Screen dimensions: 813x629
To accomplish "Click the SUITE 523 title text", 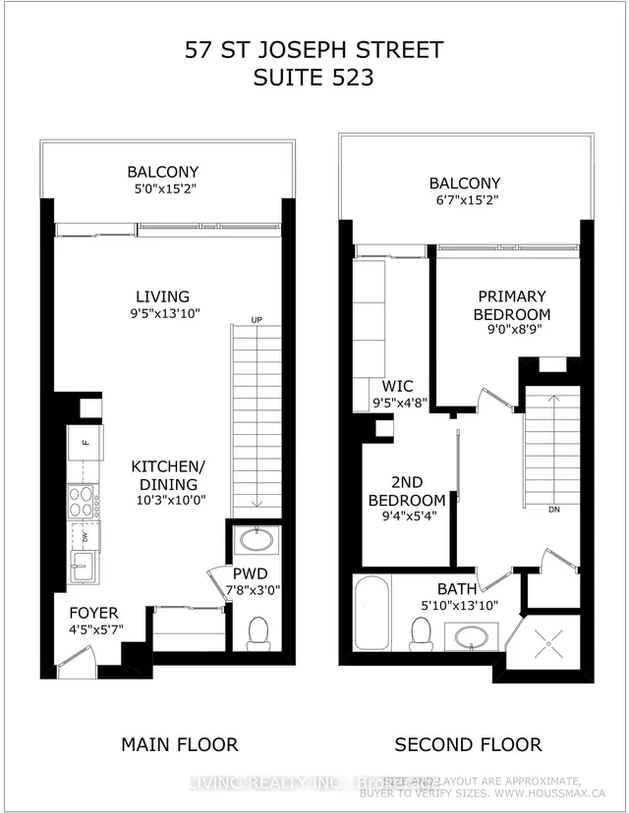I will pyautogui.click(x=314, y=79).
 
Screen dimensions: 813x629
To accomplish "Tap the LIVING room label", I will pyautogui.click(x=163, y=297).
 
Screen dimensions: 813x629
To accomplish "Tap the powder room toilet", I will pyautogui.click(x=258, y=632).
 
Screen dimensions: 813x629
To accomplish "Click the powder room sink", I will pyautogui.click(x=257, y=542).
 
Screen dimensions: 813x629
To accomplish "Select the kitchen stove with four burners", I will pyautogui.click(x=81, y=501).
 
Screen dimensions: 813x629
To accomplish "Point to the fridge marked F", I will pyautogui.click(x=86, y=443).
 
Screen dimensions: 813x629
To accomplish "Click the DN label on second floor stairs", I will pyautogui.click(x=554, y=511).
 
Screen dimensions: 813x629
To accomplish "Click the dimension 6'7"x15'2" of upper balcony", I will pyautogui.click(x=465, y=203).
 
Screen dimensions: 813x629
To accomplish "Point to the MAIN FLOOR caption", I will pyautogui.click(x=179, y=744).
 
